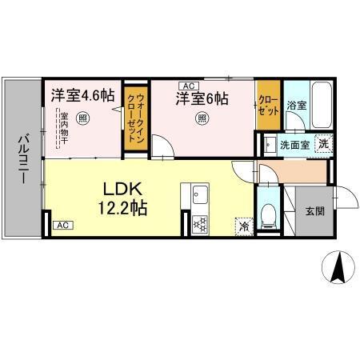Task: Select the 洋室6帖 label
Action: (x=202, y=98)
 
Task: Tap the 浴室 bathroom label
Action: (x=297, y=105)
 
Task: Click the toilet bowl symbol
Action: (x=270, y=213)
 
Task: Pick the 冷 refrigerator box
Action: (x=243, y=226)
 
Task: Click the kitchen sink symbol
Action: (x=198, y=194)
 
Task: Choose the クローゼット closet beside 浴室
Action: (x=267, y=104)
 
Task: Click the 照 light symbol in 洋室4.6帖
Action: (x=84, y=117)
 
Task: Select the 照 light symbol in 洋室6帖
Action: (x=202, y=119)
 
